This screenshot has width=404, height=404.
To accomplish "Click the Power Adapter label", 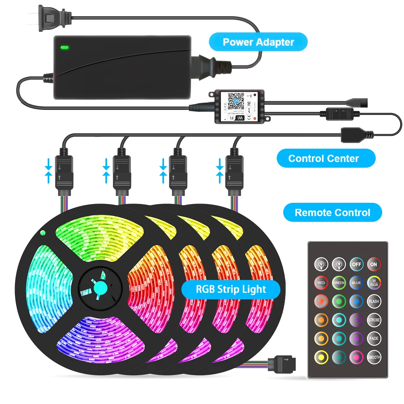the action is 259,42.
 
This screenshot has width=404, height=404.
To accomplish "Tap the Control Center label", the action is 324,158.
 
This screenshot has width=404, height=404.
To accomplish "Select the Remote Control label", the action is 332,213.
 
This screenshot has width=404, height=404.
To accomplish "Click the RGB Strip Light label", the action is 231,289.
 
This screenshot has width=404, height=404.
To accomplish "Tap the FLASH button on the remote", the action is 374,301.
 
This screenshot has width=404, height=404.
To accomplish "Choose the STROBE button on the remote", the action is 374,320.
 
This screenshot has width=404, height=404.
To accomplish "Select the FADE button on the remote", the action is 374,339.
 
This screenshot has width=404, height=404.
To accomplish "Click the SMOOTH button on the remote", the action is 374,357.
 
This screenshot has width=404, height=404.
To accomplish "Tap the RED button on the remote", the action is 321,283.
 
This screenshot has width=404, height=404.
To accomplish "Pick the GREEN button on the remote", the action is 339,283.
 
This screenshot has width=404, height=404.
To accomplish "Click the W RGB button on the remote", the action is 374,283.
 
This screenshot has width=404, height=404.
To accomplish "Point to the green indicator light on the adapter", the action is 64,47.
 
